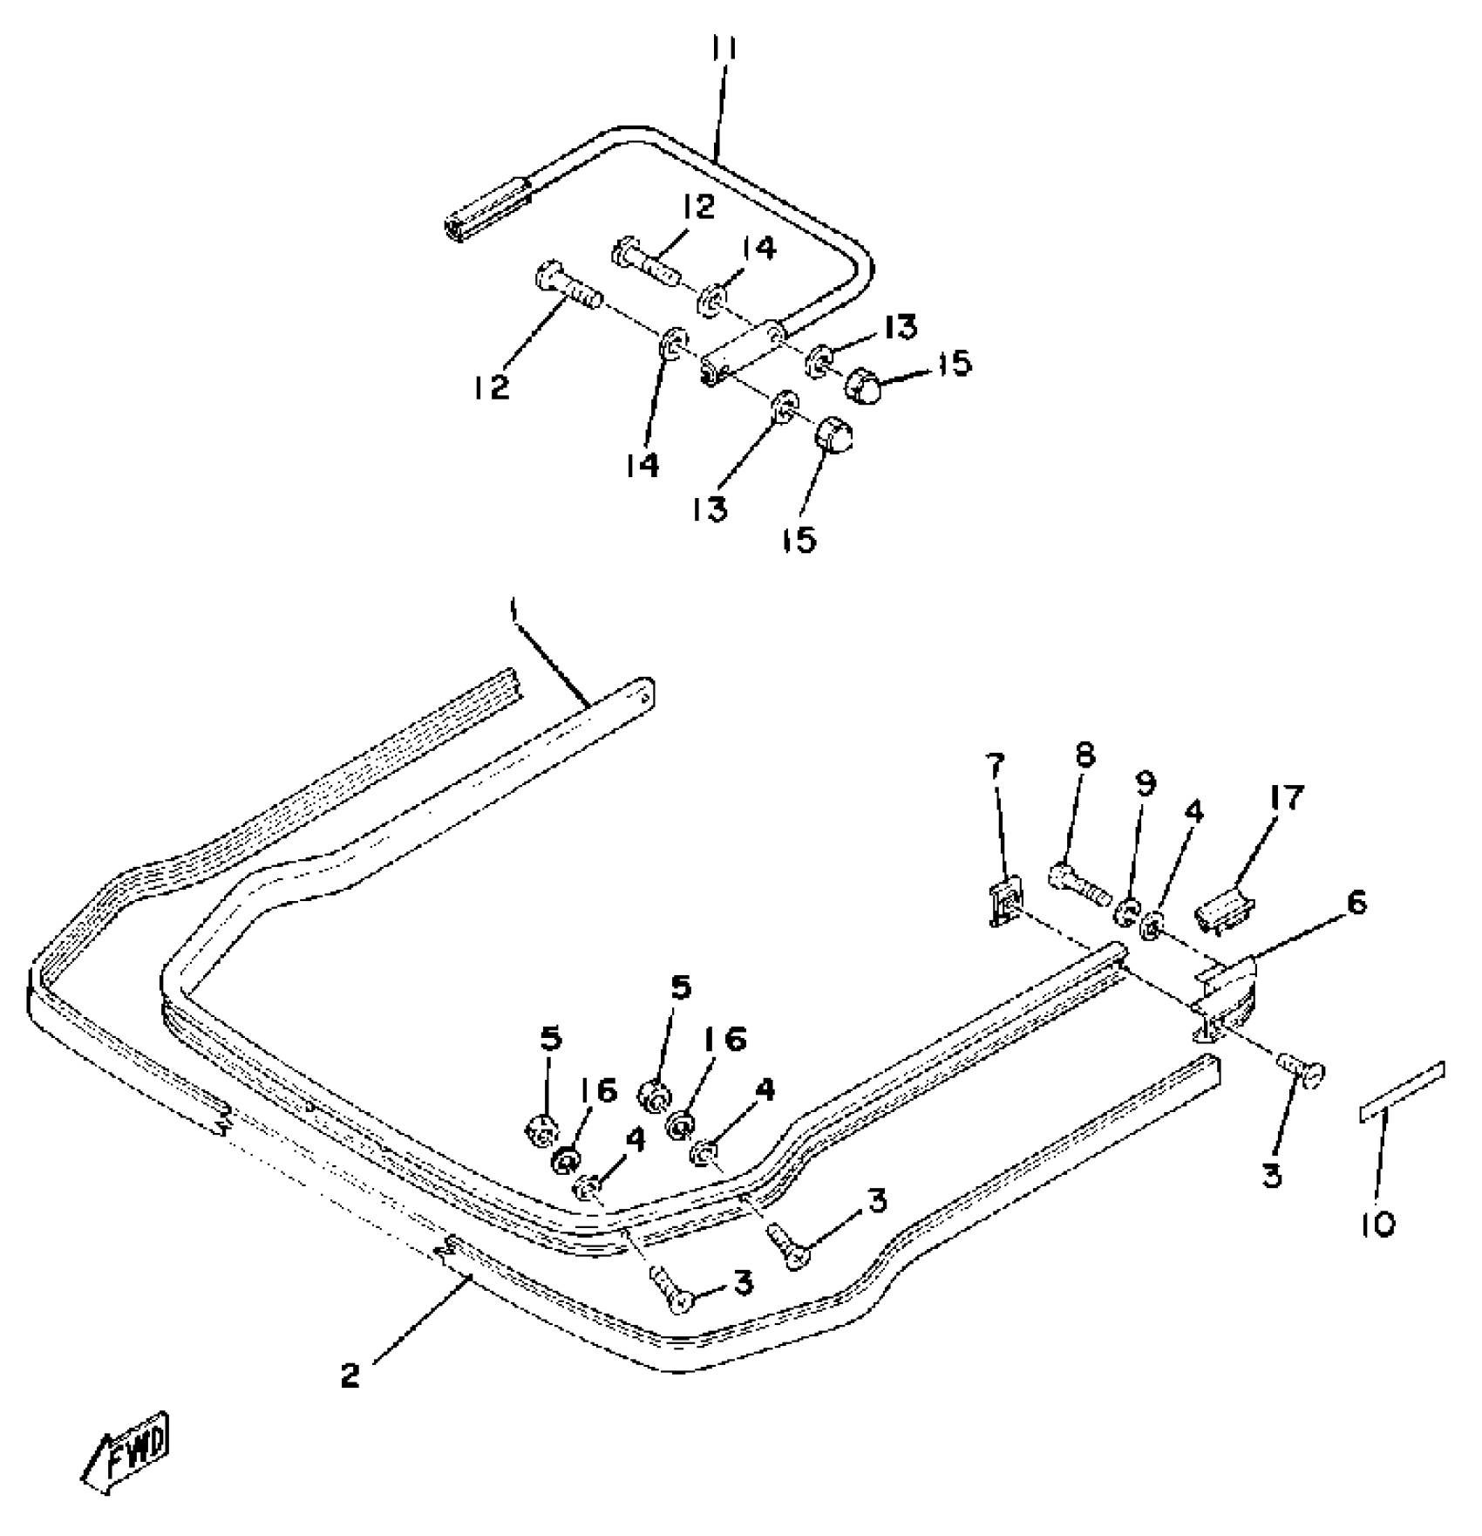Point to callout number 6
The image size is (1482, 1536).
[1356, 903]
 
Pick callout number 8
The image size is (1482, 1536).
[1084, 755]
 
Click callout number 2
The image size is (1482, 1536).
[350, 1376]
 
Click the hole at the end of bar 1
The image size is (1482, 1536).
[645, 695]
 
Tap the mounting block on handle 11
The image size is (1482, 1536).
[741, 356]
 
